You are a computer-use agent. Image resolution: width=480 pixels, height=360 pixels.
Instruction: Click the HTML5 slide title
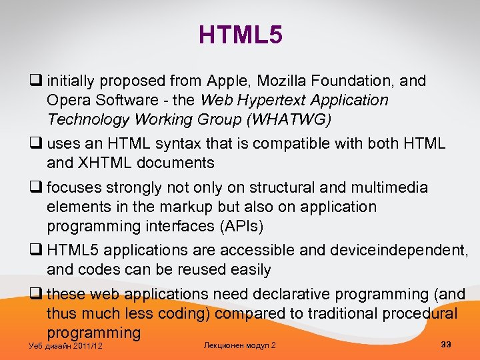240,35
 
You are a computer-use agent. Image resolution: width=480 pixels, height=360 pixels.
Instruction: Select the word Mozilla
292,81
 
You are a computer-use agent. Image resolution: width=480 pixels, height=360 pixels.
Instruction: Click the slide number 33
446,344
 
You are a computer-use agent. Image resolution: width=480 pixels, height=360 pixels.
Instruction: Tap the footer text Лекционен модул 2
239,345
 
